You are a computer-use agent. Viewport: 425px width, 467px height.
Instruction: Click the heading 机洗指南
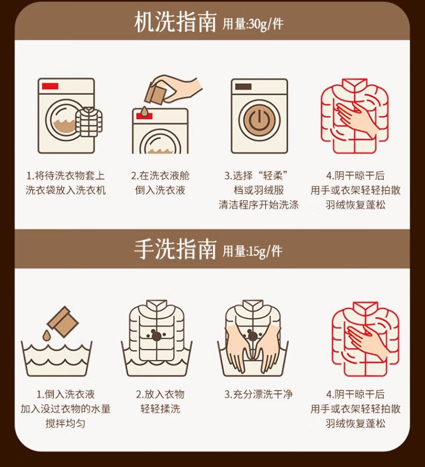[x=175, y=22]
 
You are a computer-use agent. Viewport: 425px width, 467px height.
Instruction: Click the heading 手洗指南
[x=175, y=249]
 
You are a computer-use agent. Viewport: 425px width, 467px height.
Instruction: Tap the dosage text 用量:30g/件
[x=253, y=24]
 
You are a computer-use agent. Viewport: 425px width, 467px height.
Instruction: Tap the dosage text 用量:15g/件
[x=253, y=251]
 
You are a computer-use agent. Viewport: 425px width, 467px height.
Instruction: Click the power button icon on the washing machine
[x=260, y=120]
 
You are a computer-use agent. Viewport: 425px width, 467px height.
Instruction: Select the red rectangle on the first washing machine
[x=50, y=86]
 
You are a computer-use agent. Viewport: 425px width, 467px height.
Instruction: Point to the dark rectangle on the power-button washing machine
[x=243, y=86]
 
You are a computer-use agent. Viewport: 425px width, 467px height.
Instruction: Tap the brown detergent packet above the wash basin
[x=63, y=322]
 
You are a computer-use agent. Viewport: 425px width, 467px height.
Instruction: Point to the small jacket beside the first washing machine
[x=88, y=122]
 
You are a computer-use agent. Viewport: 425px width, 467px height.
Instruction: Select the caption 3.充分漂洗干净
[x=258, y=394]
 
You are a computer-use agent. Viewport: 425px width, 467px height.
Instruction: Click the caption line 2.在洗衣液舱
[x=160, y=175]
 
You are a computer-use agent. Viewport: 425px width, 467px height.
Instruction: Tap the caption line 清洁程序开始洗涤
[x=258, y=205]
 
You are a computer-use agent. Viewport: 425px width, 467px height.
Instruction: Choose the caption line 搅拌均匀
[x=65, y=423]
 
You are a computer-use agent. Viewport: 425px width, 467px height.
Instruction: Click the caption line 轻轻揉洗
[x=160, y=409]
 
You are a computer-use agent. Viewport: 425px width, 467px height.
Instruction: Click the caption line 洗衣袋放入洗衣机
[x=65, y=190]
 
